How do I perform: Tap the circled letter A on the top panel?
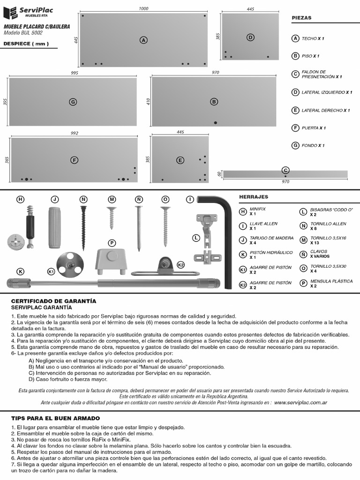pyautogui.click(x=143, y=40)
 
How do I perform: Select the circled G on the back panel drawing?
pyautogui.click(x=73, y=102)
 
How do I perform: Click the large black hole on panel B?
pyautogui.click(x=215, y=123)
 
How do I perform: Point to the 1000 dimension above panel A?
pyautogui.click(x=144, y=9)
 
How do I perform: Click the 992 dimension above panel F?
pyautogui.click(x=74, y=134)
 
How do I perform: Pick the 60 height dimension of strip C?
pyautogui.click(x=219, y=174)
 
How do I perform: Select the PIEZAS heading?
pyautogui.click(x=301, y=18)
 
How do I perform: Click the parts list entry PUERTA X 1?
pyautogui.click(x=314, y=128)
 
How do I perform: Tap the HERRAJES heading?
pyautogui.click(x=254, y=197)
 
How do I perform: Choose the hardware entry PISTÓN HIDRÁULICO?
pyautogui.click(x=265, y=255)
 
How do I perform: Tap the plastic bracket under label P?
pyautogui.click(x=112, y=261)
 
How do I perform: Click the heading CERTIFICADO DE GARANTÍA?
pyautogui.click(x=53, y=300)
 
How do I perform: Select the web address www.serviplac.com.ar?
pyautogui.click(x=300, y=402)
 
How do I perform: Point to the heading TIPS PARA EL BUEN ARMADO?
pyautogui.click(x=55, y=418)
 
